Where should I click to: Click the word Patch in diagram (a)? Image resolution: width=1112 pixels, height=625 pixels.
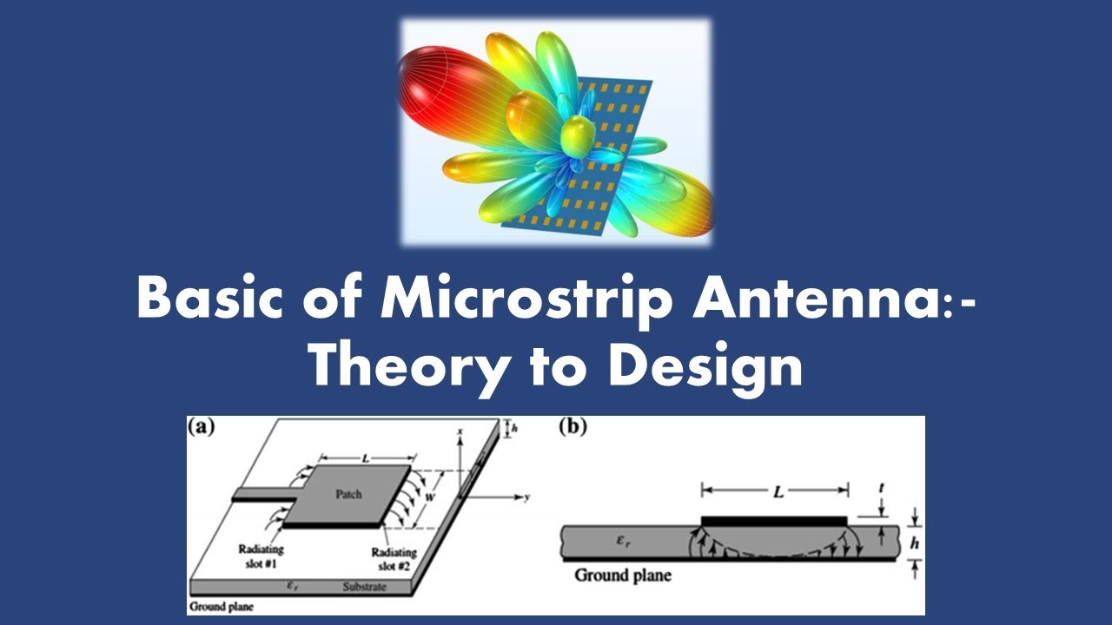(348, 495)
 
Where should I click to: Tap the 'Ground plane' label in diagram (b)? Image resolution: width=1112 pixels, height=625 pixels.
(623, 575)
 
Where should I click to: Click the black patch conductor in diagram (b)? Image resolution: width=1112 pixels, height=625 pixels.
(773, 520)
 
